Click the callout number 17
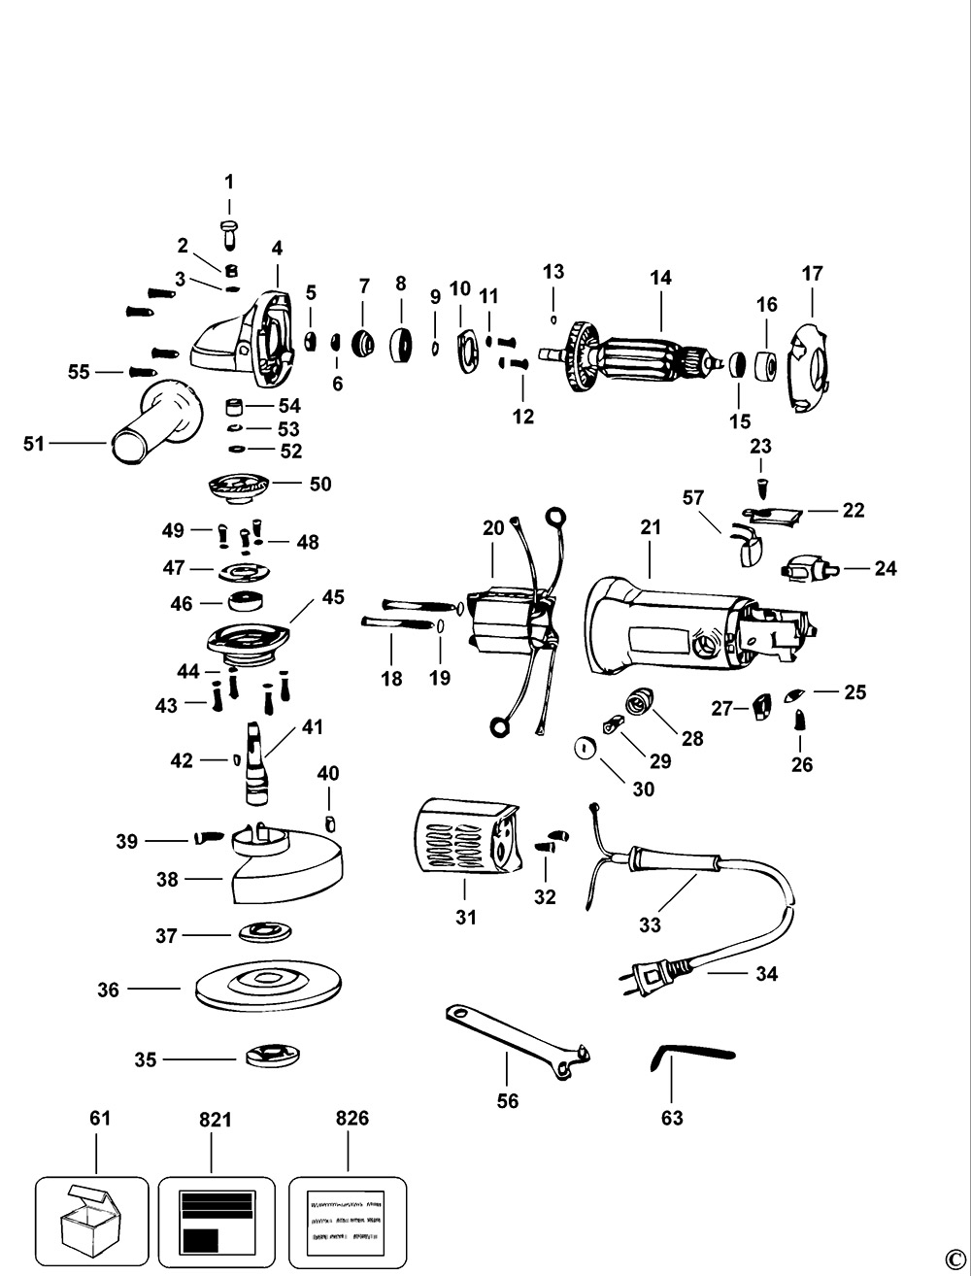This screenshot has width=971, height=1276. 812,274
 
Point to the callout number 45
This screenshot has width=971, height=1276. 333,597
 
